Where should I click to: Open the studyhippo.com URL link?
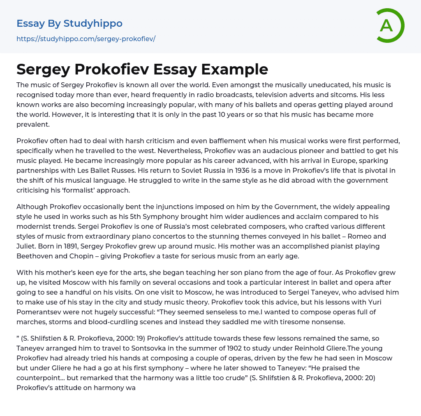coord(86,39)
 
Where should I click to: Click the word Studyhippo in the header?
coord(93,23)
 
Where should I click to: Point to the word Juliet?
coord(27,246)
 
